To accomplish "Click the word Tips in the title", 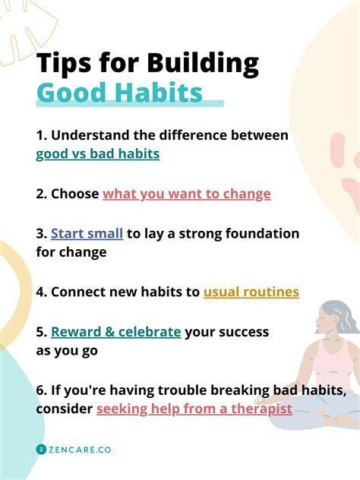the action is click(x=64, y=63).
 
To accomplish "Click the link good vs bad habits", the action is click(x=98, y=154).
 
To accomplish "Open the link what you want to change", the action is click(x=187, y=194).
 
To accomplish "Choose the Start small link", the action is click(x=87, y=234).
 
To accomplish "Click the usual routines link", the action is click(x=251, y=292).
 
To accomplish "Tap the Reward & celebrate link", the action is click(x=115, y=332).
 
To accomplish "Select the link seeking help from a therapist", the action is click(x=194, y=409).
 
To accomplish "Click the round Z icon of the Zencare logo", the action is click(x=41, y=450).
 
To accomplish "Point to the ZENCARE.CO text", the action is click(x=80, y=450).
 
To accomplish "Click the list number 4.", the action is click(x=40, y=292).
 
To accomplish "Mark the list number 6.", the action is click(x=40, y=390).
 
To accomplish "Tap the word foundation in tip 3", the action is click(x=262, y=234).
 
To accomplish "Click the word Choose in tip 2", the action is click(x=74, y=194).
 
